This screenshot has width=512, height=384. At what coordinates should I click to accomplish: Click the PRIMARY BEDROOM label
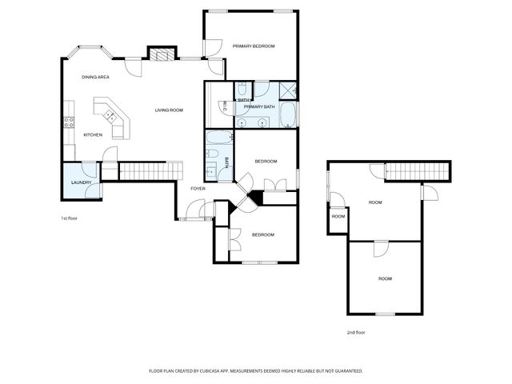(x=254, y=46)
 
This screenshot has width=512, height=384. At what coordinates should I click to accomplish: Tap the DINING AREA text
(x=95, y=77)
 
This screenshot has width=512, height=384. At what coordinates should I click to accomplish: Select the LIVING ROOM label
(x=169, y=110)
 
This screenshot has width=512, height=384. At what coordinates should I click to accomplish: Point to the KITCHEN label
(x=93, y=134)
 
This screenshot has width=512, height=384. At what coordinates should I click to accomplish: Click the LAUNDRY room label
(x=81, y=182)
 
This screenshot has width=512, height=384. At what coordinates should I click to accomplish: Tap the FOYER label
(x=198, y=188)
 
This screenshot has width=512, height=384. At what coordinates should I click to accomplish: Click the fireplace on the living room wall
(x=162, y=54)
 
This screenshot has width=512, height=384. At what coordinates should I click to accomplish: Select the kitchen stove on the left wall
(x=69, y=122)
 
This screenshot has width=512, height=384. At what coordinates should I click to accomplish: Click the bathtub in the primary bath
(x=287, y=117)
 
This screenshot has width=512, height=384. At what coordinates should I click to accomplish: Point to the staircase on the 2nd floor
(x=418, y=170)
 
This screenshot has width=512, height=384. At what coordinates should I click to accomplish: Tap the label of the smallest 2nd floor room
(x=338, y=217)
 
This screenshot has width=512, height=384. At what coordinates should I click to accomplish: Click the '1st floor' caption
(x=69, y=218)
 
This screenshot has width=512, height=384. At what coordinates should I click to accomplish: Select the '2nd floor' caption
(x=356, y=332)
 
